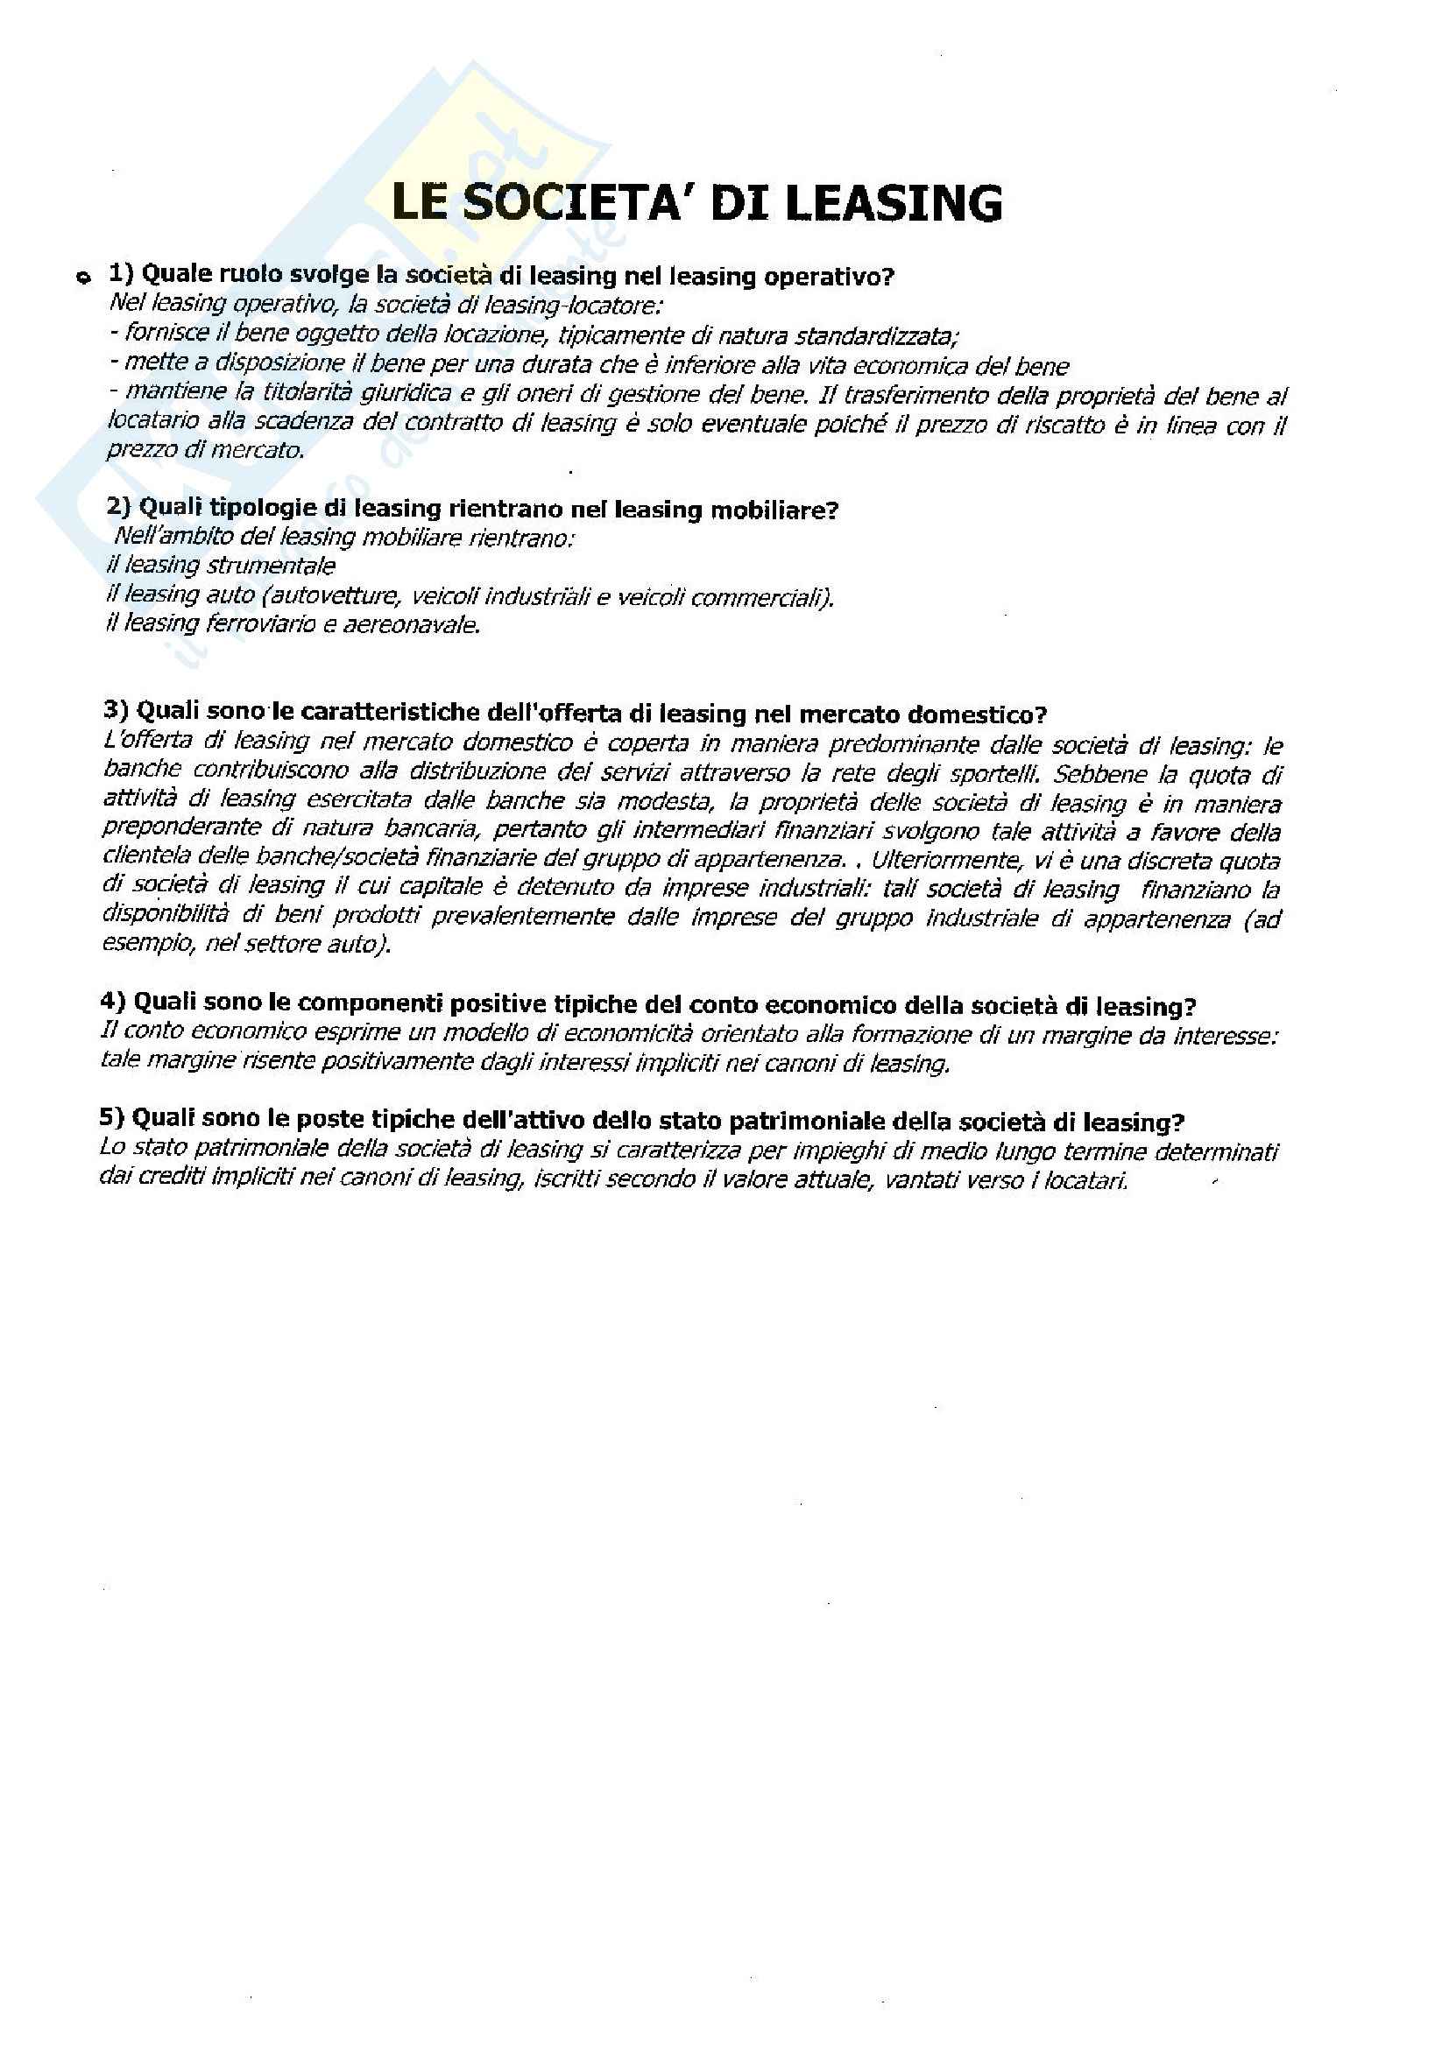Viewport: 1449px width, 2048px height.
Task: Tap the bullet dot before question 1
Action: click(83, 278)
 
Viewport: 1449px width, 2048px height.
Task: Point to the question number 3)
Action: click(117, 711)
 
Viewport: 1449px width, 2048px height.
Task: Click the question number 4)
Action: click(114, 1002)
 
